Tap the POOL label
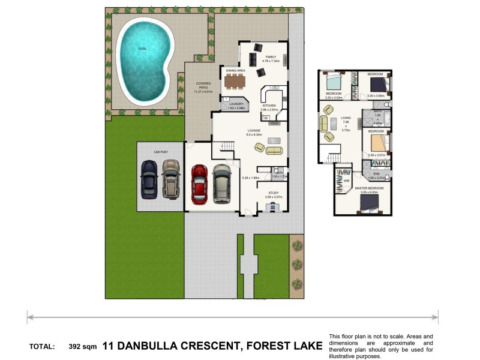tap(142, 49)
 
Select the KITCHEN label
tap(268, 105)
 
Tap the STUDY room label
tap(274, 193)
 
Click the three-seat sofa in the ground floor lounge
tap(274, 150)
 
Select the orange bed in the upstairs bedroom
tap(378, 143)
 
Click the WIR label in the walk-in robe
tap(347, 180)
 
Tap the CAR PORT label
tap(160, 152)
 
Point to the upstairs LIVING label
tap(346, 118)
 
